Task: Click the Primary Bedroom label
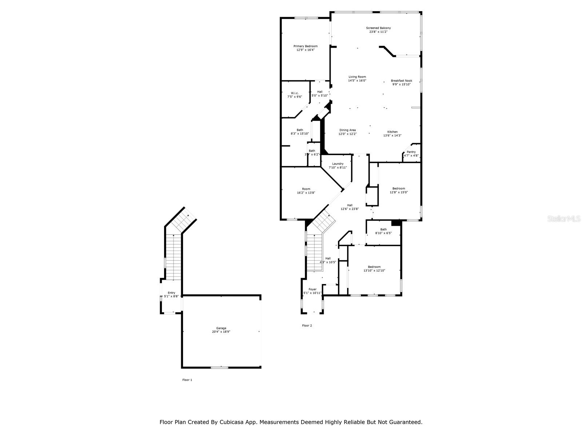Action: click(306, 46)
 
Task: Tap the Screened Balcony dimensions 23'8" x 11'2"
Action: click(378, 32)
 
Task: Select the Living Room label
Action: click(357, 77)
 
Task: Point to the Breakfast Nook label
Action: click(402, 80)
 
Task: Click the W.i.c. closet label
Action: click(295, 93)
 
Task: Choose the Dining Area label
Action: click(348, 130)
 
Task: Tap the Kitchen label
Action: click(392, 132)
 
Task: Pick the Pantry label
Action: click(411, 152)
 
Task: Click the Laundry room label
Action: click(338, 164)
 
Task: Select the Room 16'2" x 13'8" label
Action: click(306, 189)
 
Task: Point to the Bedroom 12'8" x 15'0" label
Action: click(399, 189)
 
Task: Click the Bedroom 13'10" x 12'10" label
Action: click(374, 267)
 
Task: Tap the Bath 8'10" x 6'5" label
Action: click(383, 229)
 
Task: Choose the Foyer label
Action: click(312, 290)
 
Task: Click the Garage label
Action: click(221, 328)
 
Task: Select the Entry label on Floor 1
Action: click(171, 293)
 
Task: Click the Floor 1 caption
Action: click(187, 380)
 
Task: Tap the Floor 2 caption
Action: click(307, 326)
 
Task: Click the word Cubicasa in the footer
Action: click(232, 422)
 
